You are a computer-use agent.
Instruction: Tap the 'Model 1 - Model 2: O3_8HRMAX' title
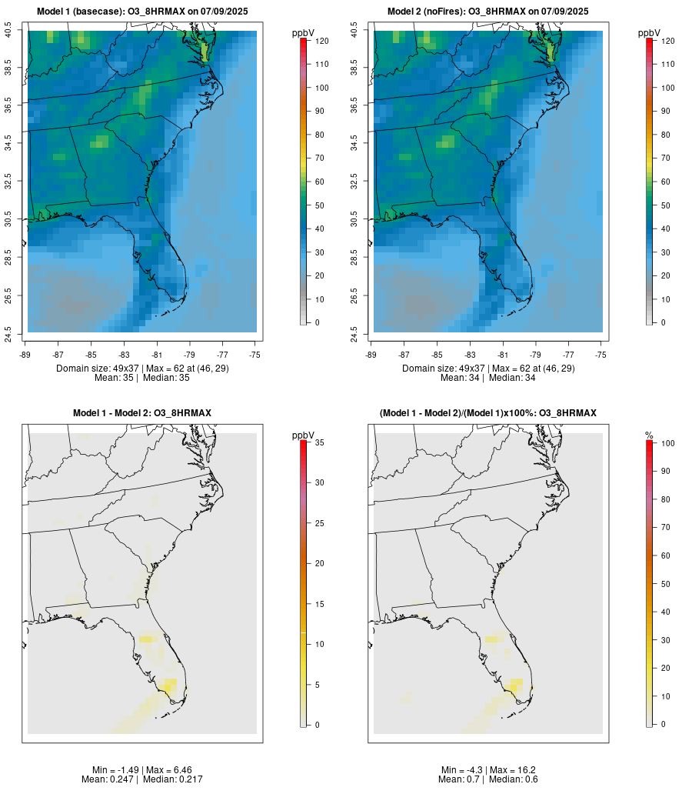[x=142, y=413]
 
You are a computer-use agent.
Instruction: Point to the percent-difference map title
[x=488, y=413]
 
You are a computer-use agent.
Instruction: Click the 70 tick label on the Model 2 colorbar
[x=667, y=158]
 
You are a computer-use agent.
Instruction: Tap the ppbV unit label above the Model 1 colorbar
[x=304, y=33]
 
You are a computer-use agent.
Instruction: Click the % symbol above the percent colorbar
[x=649, y=435]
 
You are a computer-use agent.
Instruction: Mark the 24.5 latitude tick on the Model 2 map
[x=354, y=332]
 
